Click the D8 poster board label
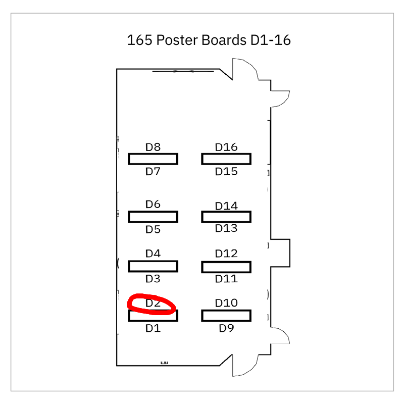(x=153, y=147)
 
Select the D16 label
(x=226, y=147)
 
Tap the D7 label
(x=153, y=171)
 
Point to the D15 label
(x=226, y=171)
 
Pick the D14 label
(x=226, y=206)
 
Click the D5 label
(x=153, y=229)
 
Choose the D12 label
(x=226, y=254)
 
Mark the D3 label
(x=153, y=279)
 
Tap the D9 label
(x=226, y=328)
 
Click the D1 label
(x=153, y=328)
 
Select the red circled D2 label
(x=153, y=303)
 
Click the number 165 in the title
(x=140, y=40)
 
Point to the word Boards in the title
(x=224, y=40)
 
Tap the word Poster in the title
(x=177, y=40)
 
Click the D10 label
(x=226, y=303)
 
